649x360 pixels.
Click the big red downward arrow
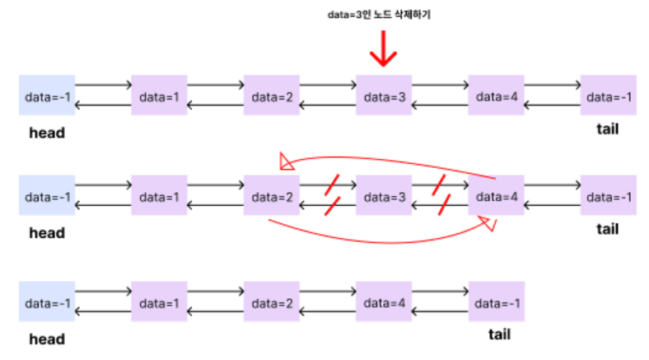click(x=383, y=51)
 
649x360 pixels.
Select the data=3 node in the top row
click(x=384, y=96)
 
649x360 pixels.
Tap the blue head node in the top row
click(x=47, y=96)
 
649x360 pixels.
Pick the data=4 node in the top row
click(x=496, y=96)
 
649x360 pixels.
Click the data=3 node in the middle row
click(x=384, y=197)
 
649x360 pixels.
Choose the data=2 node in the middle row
click(x=272, y=197)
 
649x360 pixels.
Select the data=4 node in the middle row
click(x=496, y=197)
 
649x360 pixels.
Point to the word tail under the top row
click(x=607, y=130)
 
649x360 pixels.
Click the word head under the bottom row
click(x=47, y=339)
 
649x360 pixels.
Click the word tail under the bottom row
click(x=499, y=334)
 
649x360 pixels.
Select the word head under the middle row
click(x=47, y=233)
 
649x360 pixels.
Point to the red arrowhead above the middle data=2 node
click(x=285, y=161)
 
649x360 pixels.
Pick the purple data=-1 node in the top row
click(x=608, y=96)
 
